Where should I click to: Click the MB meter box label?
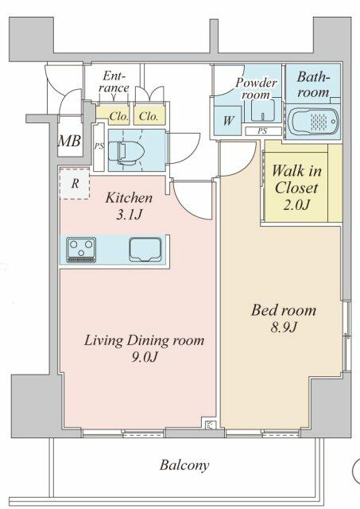tap(69, 142)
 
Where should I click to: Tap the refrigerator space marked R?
tap(74, 183)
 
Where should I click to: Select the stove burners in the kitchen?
tap(81, 249)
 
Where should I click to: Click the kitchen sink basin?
tap(143, 249)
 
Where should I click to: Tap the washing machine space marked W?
tap(228, 121)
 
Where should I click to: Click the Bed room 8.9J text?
tap(284, 318)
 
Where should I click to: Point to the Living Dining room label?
tap(145, 348)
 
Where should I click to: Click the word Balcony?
tap(184, 465)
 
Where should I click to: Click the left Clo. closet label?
tap(118, 115)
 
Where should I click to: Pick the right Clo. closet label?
tap(149, 115)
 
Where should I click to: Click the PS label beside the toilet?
tap(99, 146)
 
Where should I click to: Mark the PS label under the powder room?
tap(261, 130)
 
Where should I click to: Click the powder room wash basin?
tap(266, 109)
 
